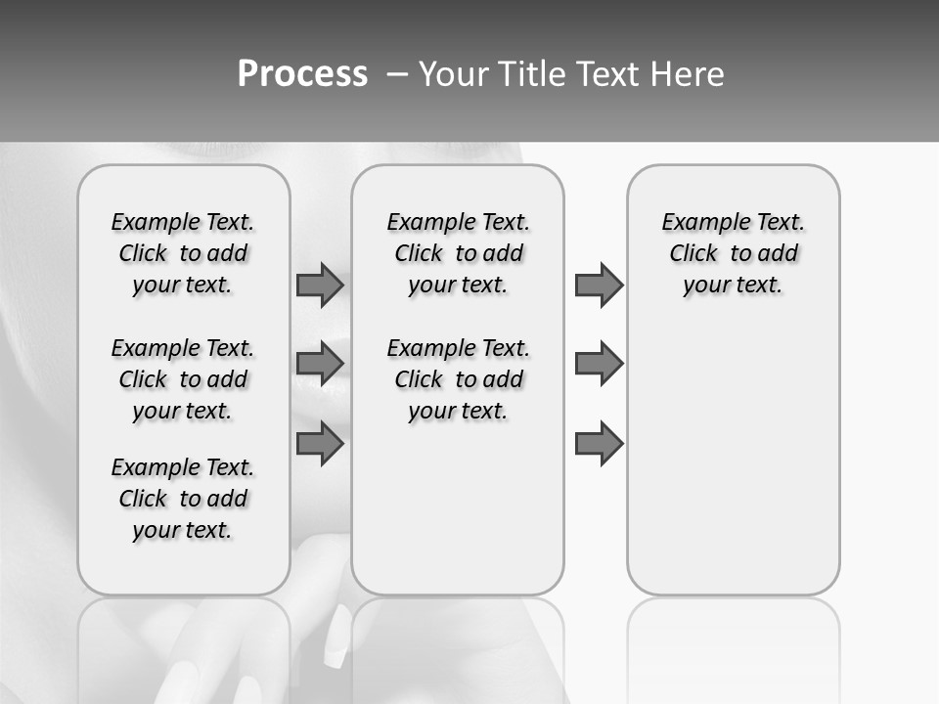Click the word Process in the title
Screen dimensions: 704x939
pos(302,73)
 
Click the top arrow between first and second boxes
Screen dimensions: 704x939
pos(320,285)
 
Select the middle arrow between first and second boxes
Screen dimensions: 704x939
pos(320,364)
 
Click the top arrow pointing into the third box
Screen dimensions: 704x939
pos(599,285)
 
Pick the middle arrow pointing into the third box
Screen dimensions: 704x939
pos(599,364)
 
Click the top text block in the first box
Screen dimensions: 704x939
pos(183,253)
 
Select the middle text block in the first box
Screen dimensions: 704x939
pos(183,379)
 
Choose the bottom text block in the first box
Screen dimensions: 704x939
pos(183,499)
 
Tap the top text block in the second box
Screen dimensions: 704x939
pos(458,253)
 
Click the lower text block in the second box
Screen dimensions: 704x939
pos(458,379)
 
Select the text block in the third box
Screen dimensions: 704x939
pos(733,253)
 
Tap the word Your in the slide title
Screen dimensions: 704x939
pos(453,74)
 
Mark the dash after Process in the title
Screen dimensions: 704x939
pos(396,74)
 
